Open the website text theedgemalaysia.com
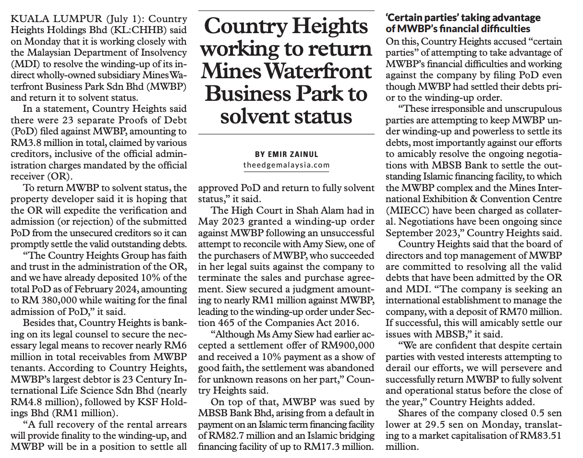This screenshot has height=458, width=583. point(287,165)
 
